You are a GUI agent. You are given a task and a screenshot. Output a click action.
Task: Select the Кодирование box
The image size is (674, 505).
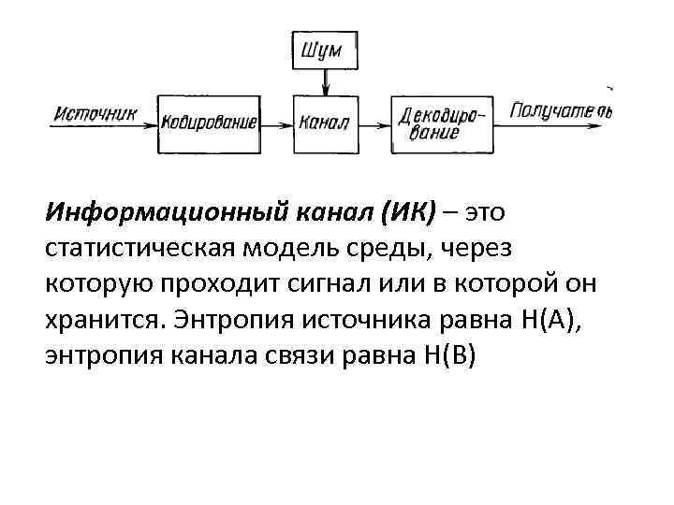[207, 122]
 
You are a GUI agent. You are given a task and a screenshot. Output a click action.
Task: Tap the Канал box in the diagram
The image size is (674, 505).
[325, 122]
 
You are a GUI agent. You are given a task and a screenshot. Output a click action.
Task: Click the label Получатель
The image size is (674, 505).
[562, 113]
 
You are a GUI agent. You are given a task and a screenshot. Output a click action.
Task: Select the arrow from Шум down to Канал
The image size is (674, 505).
[325, 82]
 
